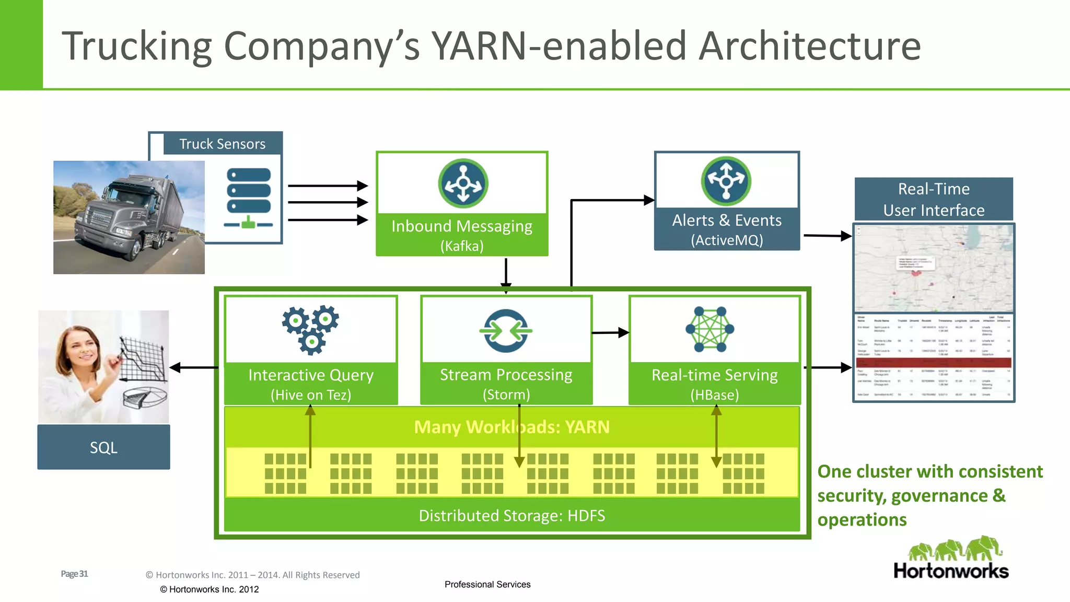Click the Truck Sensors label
(x=222, y=144)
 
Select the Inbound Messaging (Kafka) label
(x=462, y=235)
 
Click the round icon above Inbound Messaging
(x=463, y=183)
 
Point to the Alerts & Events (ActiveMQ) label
(x=727, y=229)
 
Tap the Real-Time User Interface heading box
(x=934, y=199)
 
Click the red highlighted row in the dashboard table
(x=934, y=362)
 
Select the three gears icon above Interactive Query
(x=311, y=329)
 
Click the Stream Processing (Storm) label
(x=506, y=384)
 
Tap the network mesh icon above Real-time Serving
(x=710, y=329)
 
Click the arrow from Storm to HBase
(x=610, y=332)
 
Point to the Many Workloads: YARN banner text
(x=511, y=427)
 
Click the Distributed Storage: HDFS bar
(x=511, y=516)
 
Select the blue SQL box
(x=103, y=447)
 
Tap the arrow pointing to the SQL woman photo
(x=193, y=367)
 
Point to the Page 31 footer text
(x=74, y=574)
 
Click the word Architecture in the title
(x=809, y=46)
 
